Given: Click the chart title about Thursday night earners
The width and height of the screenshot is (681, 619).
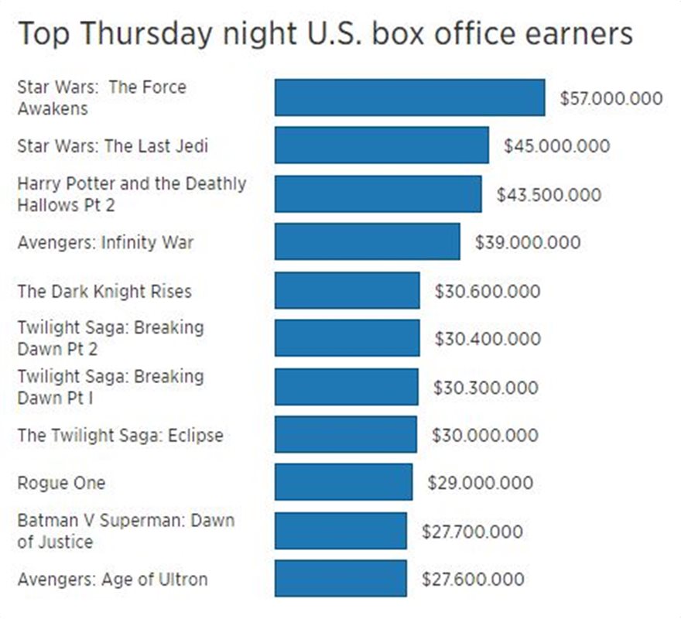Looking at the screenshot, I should [x=325, y=34].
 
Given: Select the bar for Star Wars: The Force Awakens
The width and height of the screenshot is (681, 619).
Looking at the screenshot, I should [x=409, y=97].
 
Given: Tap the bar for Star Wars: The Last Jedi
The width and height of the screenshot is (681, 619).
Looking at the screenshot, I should [x=382, y=145].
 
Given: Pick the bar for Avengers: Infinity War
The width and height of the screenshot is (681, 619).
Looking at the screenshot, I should [x=367, y=242].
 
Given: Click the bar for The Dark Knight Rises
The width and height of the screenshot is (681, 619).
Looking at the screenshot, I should [x=347, y=291].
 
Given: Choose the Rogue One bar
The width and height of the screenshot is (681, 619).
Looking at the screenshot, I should [x=343, y=483].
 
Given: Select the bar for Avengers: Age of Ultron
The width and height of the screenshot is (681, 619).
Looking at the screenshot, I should [x=340, y=579].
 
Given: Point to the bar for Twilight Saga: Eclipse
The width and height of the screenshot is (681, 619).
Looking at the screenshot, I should [x=345, y=434].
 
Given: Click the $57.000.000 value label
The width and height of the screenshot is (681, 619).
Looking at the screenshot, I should [x=611, y=98].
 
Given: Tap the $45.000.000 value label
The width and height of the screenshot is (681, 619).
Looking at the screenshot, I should [x=556, y=146].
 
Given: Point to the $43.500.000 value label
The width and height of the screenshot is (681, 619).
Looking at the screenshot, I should [x=549, y=194].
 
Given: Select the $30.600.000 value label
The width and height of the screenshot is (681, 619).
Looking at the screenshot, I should [x=488, y=292].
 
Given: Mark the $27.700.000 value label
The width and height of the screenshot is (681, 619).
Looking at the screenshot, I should [x=472, y=532].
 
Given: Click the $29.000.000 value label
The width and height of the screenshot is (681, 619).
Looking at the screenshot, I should [x=480, y=483].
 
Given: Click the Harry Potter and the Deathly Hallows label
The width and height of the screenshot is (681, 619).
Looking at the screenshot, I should [x=132, y=194].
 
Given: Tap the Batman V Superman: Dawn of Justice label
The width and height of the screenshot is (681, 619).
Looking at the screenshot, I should [x=125, y=531].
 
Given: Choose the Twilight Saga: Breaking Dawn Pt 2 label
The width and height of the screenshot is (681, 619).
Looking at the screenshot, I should [x=111, y=338].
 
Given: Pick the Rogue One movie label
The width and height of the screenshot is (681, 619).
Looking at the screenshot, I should [x=61, y=483].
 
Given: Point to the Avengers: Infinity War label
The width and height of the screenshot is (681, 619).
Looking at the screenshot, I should [x=105, y=243].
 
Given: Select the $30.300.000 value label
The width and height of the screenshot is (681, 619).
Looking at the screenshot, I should [x=485, y=387].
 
